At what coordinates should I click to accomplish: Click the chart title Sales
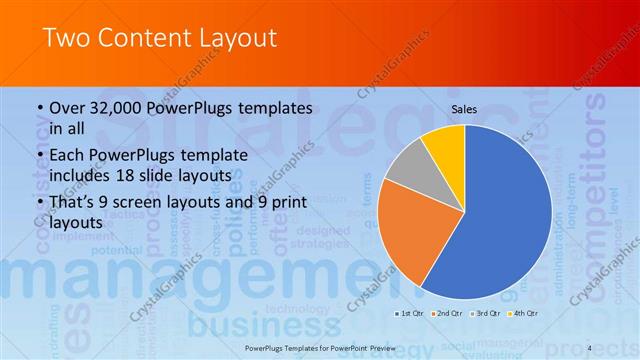click(464, 109)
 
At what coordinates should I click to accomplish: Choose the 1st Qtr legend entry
click(410, 314)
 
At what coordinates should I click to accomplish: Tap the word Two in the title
click(65, 38)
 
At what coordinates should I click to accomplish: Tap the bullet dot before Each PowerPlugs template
click(38, 156)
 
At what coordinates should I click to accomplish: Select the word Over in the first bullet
click(68, 108)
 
